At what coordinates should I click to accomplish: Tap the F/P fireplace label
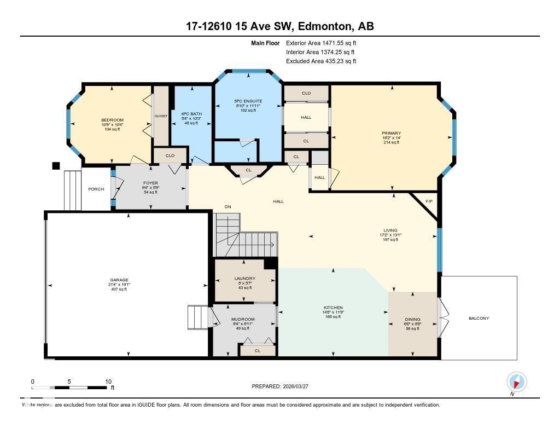click(429, 201)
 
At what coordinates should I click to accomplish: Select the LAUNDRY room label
click(244, 279)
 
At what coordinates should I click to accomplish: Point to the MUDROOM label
click(243, 319)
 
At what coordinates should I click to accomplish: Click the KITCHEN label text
click(333, 308)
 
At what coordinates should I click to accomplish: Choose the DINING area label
click(413, 319)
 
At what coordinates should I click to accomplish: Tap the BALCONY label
click(479, 318)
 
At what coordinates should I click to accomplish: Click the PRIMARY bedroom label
click(391, 133)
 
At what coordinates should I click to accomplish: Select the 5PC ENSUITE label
click(248, 101)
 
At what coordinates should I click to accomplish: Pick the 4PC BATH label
click(191, 114)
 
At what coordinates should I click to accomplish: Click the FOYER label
click(150, 183)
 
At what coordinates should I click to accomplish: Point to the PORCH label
click(96, 190)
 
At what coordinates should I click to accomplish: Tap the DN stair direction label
click(228, 207)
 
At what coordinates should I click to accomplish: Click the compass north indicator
click(516, 382)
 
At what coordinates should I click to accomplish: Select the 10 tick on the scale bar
click(108, 382)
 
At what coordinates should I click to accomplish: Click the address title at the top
click(280, 26)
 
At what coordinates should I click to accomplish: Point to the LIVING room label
click(390, 230)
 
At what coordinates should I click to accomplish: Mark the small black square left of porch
click(55, 166)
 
